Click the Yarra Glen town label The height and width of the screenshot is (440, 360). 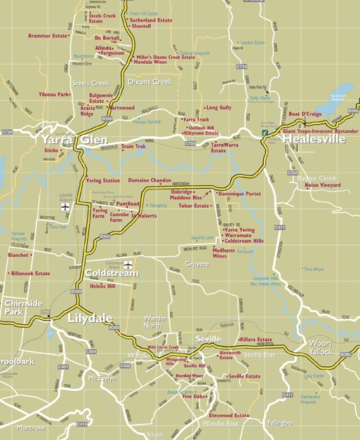(74, 139)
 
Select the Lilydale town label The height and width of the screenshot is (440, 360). (90, 318)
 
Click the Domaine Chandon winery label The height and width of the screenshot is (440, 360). (149, 180)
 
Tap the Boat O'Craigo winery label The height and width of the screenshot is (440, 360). (305, 114)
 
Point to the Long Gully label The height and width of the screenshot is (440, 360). (218, 107)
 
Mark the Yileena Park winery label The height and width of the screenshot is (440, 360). (54, 94)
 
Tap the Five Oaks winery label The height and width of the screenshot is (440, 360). (194, 396)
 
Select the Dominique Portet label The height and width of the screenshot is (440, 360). (239, 193)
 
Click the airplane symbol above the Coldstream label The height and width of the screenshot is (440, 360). (128, 265)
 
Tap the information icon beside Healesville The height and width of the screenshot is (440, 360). (265, 132)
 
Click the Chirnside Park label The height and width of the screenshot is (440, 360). (14, 307)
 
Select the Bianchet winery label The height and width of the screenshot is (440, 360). (18, 255)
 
